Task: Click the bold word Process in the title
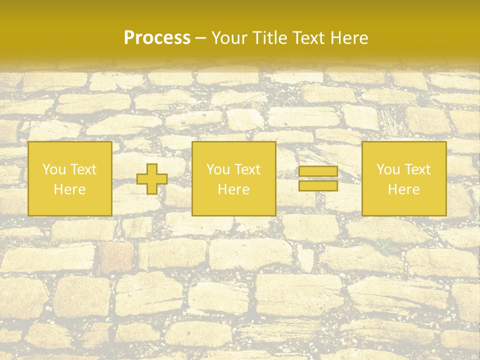point(157,38)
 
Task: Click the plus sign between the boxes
point(152,179)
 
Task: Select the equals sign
point(318,178)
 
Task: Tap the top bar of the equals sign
point(318,171)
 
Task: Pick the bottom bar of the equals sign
point(318,185)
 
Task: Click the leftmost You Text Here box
point(70,178)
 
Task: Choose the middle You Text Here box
point(233,178)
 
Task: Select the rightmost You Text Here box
point(404,178)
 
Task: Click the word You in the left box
point(53,169)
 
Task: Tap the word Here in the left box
point(70,189)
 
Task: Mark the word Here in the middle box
point(233,189)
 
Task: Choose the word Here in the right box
point(404,189)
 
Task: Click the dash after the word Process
point(200,38)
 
